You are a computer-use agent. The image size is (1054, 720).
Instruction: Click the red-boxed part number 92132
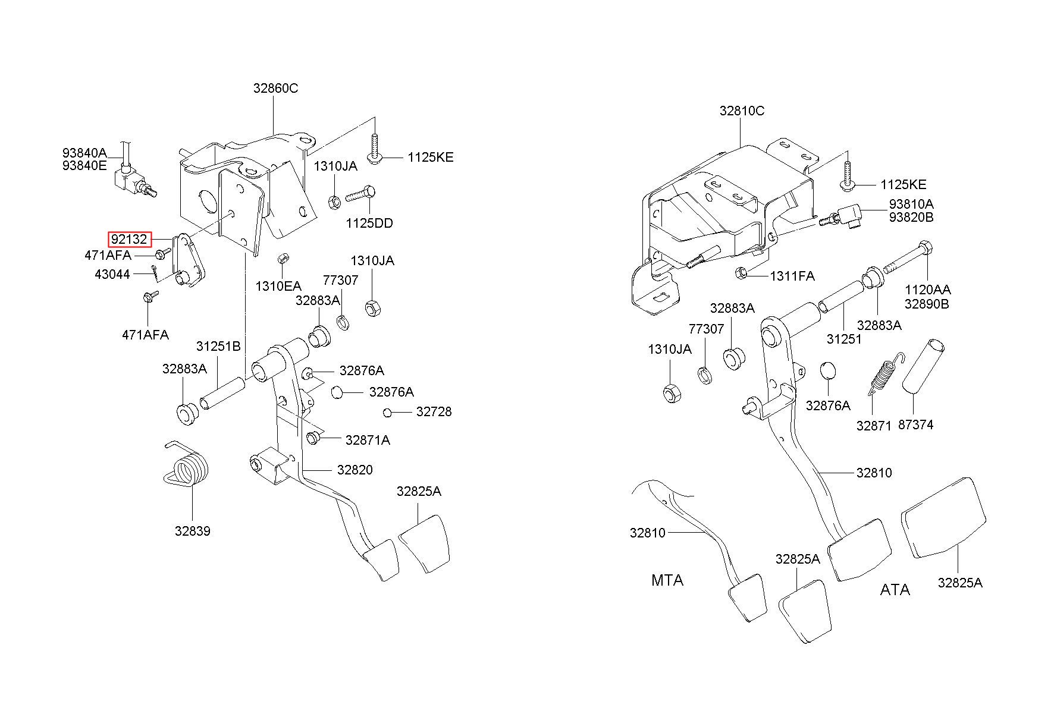point(129,240)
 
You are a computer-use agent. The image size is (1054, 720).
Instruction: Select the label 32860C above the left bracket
point(275,89)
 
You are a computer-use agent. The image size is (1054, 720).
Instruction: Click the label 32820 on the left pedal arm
point(355,470)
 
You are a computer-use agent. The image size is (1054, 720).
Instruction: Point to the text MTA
point(667,580)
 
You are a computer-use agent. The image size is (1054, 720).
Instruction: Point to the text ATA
point(895,590)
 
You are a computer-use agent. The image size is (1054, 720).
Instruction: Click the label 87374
point(915,425)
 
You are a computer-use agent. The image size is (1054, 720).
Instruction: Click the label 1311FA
point(792,276)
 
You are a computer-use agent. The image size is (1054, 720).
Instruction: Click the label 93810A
point(911,204)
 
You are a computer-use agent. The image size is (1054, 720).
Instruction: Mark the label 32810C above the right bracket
point(742,111)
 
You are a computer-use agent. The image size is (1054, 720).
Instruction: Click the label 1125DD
point(369,224)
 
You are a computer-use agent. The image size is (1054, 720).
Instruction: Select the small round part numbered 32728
point(387,413)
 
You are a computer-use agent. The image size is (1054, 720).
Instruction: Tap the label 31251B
point(218,347)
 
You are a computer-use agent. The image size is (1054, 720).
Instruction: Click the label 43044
point(112,275)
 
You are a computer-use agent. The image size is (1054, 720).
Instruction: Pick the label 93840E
point(84,166)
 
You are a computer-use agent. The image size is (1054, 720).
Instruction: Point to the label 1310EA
point(278,286)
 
